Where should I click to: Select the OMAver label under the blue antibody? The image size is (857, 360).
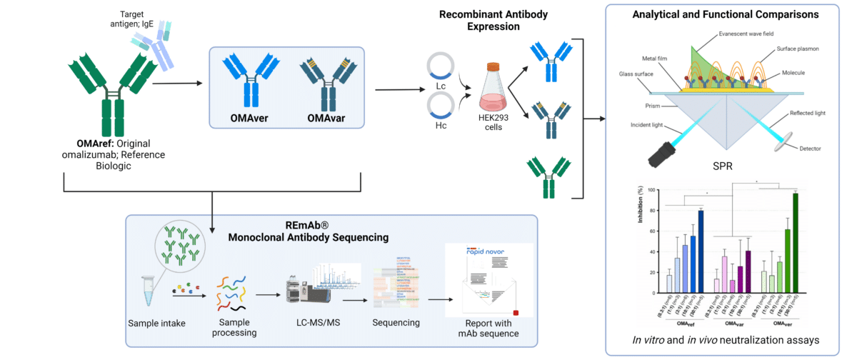click(x=249, y=116)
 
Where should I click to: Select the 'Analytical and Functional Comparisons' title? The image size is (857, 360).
click(x=728, y=13)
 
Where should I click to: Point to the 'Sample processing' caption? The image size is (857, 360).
click(x=236, y=328)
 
